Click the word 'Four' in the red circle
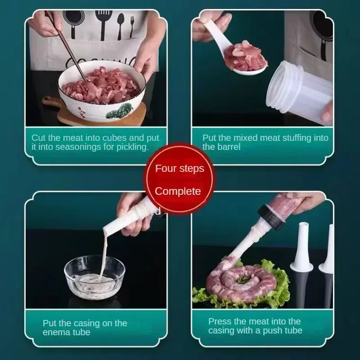pyautogui.click(x=166, y=169)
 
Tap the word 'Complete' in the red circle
pyautogui.click(x=178, y=191)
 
